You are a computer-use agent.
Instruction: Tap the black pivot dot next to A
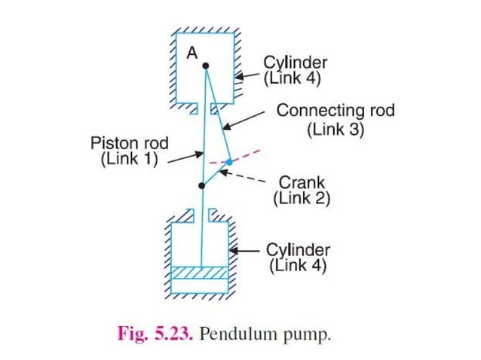(205, 66)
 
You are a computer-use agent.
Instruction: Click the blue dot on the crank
(229, 162)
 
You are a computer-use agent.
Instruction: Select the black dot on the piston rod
(201, 185)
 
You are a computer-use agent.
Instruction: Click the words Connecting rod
(335, 111)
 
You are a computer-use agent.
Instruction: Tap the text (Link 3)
(335, 129)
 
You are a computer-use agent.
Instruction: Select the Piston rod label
(129, 142)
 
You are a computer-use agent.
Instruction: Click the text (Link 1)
(129, 160)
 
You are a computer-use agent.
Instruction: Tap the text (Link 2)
(301, 200)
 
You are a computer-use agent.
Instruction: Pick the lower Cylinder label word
(299, 249)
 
